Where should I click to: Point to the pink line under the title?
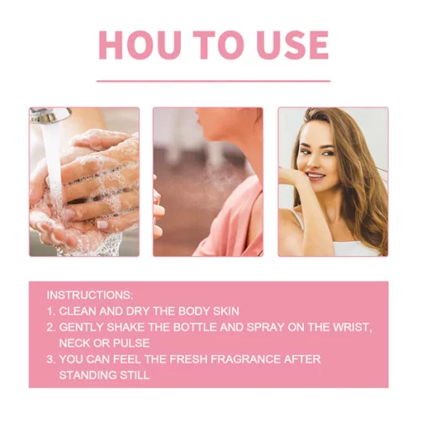pyautogui.click(x=213, y=81)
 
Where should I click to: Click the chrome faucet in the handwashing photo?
pyautogui.click(x=50, y=115)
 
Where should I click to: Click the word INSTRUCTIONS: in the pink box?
pyautogui.click(x=90, y=295)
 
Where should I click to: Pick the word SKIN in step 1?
pyautogui.click(x=226, y=311)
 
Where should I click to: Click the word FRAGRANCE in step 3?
pyautogui.click(x=245, y=359)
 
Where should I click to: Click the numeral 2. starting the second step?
pyautogui.click(x=51, y=327)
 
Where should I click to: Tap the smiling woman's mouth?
pyautogui.click(x=316, y=175)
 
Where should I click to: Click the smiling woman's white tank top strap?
pyautogui.click(x=298, y=219)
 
